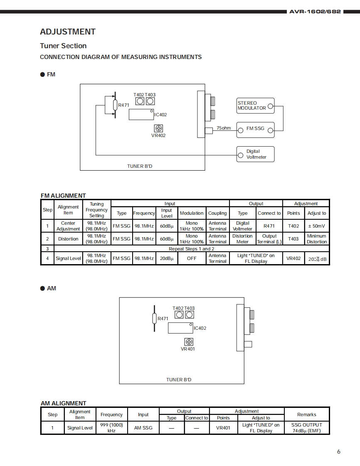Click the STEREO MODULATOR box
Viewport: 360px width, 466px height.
[x=255, y=105]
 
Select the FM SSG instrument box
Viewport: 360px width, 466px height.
[x=255, y=129]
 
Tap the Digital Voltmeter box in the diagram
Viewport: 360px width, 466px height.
[x=255, y=154]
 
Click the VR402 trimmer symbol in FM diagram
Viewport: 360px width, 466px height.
[x=158, y=128]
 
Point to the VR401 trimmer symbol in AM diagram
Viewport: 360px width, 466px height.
[x=189, y=342]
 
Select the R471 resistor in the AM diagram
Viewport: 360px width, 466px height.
[x=154, y=319]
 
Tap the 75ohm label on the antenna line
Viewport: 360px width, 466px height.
[x=224, y=128]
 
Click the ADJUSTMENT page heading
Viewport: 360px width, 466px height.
[x=68, y=32]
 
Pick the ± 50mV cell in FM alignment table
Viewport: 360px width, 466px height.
[x=316, y=226]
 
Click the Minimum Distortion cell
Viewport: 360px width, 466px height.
[x=316, y=239]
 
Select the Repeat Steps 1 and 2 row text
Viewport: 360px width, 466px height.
[x=192, y=249]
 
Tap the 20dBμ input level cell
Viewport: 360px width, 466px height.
[x=167, y=258]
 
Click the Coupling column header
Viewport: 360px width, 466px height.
[x=217, y=213]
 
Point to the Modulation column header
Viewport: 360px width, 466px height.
[x=192, y=213]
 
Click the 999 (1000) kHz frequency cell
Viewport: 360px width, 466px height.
[x=111, y=427]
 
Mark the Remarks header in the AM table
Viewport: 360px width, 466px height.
[x=307, y=414]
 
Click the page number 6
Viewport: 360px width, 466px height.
[x=338, y=452]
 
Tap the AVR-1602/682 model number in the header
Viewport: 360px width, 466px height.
[x=315, y=12]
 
